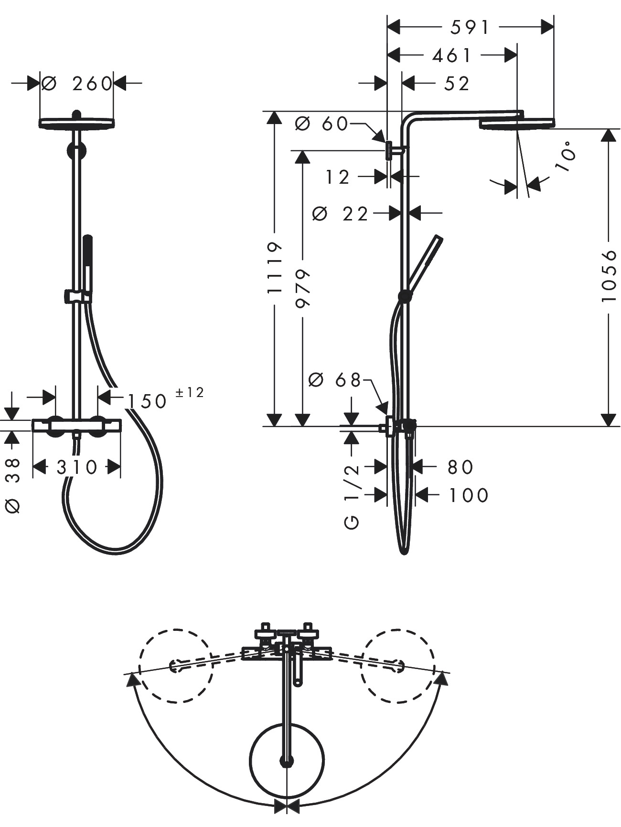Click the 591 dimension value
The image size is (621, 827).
(470, 28)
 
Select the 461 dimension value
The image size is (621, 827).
(451, 56)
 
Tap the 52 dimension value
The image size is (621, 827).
(457, 84)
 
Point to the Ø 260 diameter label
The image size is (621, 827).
(76, 84)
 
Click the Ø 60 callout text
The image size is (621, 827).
(321, 124)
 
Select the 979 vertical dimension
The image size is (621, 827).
(303, 288)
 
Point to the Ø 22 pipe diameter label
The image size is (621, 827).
(341, 214)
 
